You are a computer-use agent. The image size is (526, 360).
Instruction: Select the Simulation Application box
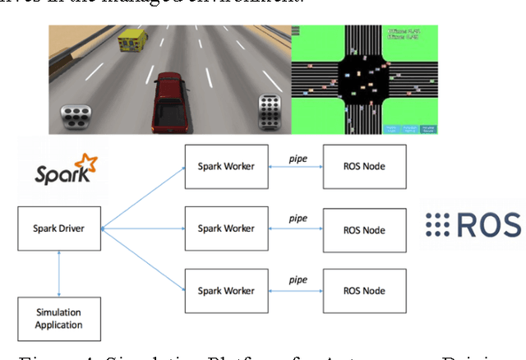coord(58,319)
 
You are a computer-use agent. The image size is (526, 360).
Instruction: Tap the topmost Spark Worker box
coord(227,166)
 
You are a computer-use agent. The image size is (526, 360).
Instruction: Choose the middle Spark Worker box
coord(227,228)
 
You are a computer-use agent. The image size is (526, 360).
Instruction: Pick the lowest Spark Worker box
coord(227,289)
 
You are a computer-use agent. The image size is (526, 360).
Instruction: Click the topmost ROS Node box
coord(364,166)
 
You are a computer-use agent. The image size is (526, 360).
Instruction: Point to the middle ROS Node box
coord(364,230)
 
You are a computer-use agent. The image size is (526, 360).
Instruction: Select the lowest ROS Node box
coord(364,289)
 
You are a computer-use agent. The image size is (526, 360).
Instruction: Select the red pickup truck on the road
coord(175,98)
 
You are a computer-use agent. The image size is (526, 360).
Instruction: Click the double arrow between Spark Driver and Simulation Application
coord(58,271)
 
